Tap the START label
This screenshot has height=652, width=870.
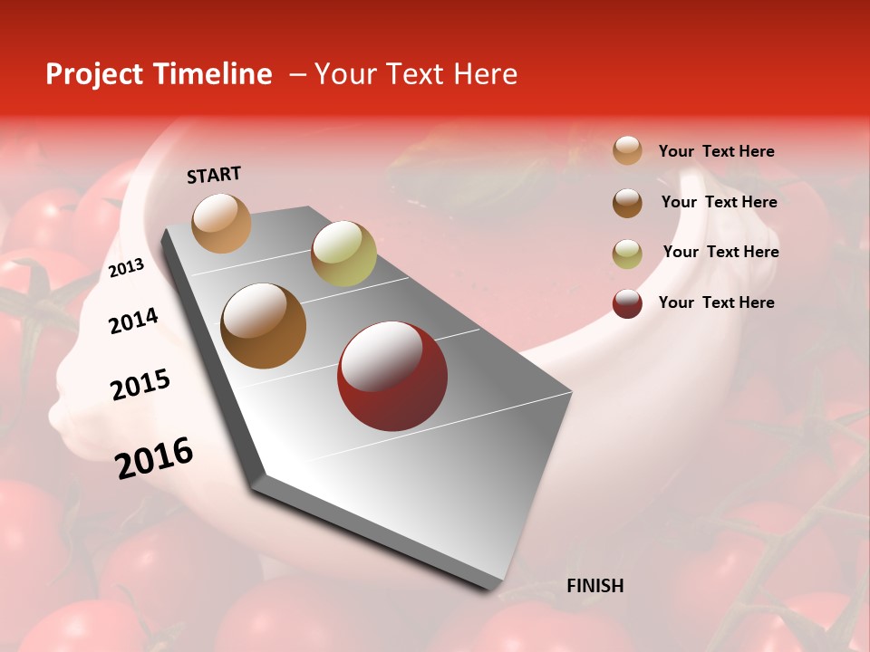pyautogui.click(x=214, y=175)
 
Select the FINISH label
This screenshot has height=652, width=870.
pyautogui.click(x=594, y=586)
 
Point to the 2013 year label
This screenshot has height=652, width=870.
pyautogui.click(x=126, y=268)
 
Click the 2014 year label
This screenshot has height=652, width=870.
pyautogui.click(x=133, y=321)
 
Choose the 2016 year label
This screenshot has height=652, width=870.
pyautogui.click(x=154, y=458)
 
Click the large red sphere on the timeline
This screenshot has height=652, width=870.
pyautogui.click(x=391, y=376)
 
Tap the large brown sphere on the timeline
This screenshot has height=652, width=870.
pyautogui.click(x=263, y=326)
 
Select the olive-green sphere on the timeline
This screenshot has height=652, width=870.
pyautogui.click(x=343, y=254)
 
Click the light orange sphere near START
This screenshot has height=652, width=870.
pyautogui.click(x=222, y=223)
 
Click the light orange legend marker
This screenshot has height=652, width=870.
pyautogui.click(x=627, y=150)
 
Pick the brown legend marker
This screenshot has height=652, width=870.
pyautogui.click(x=627, y=202)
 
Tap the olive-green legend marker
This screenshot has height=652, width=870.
pyautogui.click(x=627, y=253)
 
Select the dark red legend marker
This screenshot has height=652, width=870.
pyautogui.click(x=627, y=303)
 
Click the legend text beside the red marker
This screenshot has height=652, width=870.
pyautogui.click(x=716, y=302)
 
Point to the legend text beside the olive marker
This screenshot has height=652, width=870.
pyautogui.click(x=720, y=252)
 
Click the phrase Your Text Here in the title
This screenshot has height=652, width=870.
pyautogui.click(x=416, y=74)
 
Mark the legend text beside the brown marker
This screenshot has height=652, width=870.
pyautogui.click(x=719, y=202)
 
